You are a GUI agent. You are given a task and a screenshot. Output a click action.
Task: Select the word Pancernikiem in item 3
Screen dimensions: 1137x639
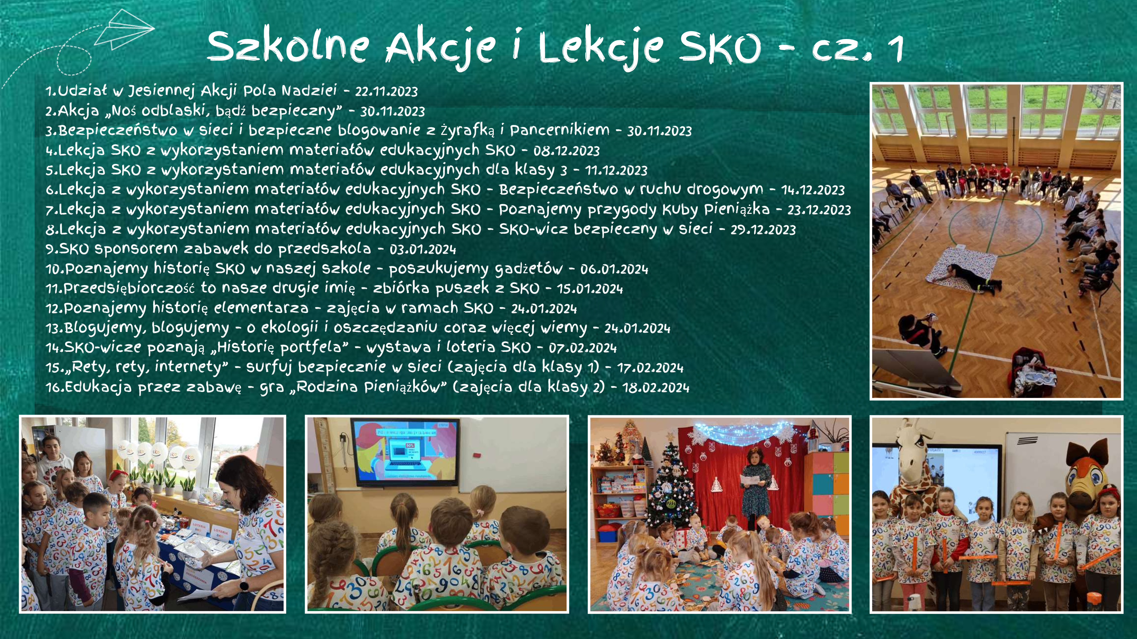560,130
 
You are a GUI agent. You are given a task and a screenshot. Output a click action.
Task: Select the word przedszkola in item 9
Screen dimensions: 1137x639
324,249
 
